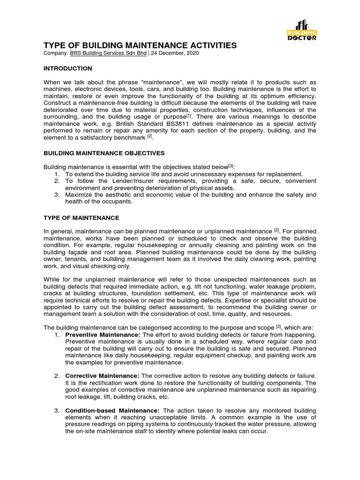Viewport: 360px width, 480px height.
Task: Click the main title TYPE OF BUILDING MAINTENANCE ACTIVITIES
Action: (x=140, y=45)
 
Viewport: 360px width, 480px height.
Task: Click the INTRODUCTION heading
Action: (x=68, y=68)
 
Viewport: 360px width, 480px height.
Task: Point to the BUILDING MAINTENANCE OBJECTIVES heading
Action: (x=104, y=153)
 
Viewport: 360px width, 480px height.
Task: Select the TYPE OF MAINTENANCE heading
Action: (x=82, y=218)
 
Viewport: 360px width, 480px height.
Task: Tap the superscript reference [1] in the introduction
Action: (x=189, y=115)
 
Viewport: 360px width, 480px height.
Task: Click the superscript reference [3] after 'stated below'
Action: (x=231, y=166)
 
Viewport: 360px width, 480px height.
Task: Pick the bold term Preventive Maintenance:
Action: (x=103, y=335)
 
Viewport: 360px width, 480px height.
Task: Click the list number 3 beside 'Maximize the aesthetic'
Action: (x=56, y=195)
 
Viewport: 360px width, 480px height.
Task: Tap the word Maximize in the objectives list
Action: (x=80, y=195)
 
